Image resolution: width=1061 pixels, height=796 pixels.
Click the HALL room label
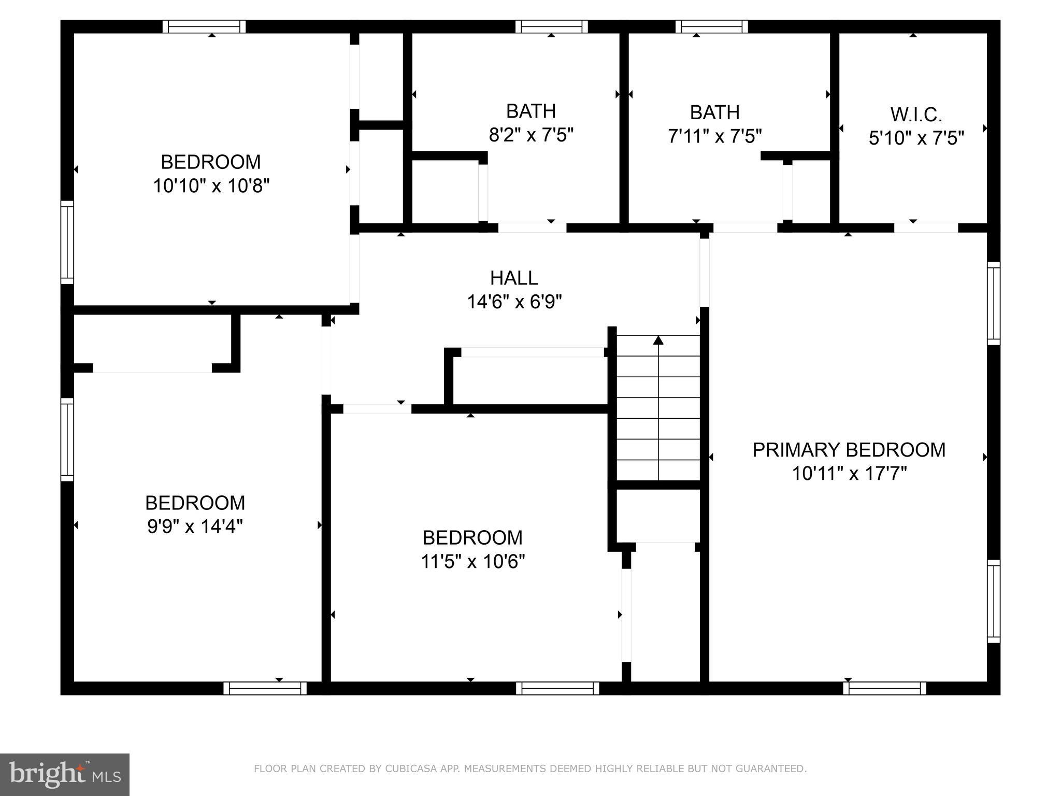[x=514, y=278]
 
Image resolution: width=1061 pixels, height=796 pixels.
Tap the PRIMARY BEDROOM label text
[x=849, y=450]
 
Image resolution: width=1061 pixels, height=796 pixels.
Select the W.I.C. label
[x=916, y=115]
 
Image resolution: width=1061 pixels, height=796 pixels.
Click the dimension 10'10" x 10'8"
[x=211, y=186]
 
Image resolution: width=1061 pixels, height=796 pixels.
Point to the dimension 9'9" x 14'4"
[x=195, y=527]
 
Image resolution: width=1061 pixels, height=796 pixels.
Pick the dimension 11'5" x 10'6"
[x=472, y=561]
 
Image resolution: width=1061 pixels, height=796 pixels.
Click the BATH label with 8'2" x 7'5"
[x=530, y=111]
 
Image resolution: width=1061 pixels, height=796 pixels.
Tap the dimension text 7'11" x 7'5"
[x=714, y=136]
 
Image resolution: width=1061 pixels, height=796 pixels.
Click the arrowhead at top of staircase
[x=658, y=340]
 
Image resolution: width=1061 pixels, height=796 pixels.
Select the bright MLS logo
[x=65, y=774]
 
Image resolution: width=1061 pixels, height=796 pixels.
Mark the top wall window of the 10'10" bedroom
[x=204, y=26]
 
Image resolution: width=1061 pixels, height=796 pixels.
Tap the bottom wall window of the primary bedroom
[x=884, y=688]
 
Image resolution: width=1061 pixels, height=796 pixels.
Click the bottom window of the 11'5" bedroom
[x=557, y=688]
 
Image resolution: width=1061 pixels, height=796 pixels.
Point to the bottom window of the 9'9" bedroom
[x=265, y=688]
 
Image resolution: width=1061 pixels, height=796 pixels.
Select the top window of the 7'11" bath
[x=711, y=26]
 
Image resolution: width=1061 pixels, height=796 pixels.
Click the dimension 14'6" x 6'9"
[x=514, y=302]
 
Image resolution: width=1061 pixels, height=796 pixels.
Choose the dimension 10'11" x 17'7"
[x=849, y=474]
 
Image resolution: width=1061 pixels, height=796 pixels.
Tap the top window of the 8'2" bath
[x=551, y=26]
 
